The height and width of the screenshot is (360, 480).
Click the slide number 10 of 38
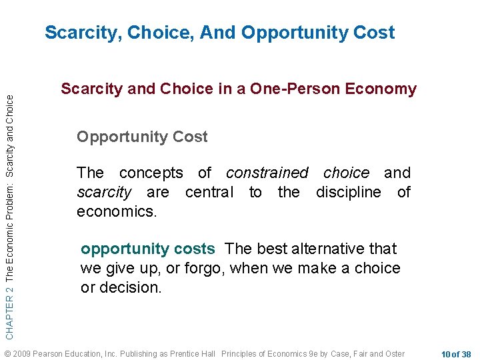(456, 353)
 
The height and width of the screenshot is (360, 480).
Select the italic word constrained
(267, 173)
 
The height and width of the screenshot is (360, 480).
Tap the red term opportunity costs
(147, 249)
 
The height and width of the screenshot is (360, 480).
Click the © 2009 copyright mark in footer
(16, 353)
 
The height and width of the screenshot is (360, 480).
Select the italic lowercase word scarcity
(104, 193)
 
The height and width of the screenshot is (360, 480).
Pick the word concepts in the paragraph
(151, 173)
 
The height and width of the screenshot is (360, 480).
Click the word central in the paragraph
(209, 193)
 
